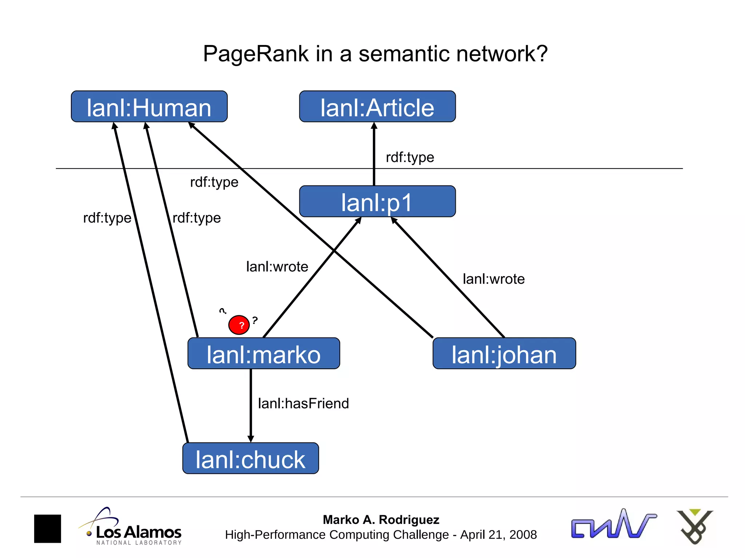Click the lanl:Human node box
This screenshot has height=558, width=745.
149,107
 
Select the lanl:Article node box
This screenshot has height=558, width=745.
377,107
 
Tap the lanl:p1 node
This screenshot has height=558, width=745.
377,202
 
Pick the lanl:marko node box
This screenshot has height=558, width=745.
264,354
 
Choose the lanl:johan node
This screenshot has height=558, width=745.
504,354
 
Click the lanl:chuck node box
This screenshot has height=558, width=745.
251,458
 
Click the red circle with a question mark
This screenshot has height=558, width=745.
239,325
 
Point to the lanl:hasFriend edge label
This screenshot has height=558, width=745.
303,404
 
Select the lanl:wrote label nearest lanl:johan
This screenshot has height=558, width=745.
494,279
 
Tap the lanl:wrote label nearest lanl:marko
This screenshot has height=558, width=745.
277,267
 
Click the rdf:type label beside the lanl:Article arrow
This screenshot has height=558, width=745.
410,157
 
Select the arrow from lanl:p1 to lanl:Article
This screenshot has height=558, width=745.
374,154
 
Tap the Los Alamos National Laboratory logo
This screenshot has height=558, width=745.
131,527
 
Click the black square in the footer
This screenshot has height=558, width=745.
48,529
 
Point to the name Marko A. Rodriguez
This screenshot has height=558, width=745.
381,520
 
